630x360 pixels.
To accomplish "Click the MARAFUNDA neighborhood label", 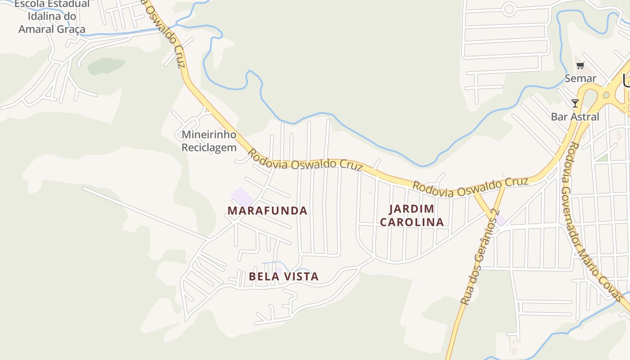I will [267, 211].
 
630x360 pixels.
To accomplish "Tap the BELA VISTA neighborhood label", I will [283, 276].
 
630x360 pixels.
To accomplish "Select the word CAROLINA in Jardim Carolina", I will [412, 222].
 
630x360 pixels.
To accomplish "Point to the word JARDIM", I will [412, 209].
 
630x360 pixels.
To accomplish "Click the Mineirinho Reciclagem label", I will [209, 141].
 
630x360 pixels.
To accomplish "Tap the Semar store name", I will [580, 78].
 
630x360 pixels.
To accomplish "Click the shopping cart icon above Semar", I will [580, 66].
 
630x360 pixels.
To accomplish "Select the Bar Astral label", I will [575, 117].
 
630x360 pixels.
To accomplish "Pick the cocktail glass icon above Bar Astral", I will [575, 103].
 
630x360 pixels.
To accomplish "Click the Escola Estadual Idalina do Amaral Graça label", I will [52, 17].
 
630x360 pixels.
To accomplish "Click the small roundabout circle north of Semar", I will [509, 9].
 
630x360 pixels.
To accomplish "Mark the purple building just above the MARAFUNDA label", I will [242, 197].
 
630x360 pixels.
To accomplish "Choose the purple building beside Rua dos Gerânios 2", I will [500, 220].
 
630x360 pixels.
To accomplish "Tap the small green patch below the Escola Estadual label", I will [106, 66].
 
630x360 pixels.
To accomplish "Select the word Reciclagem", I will [209, 147].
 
